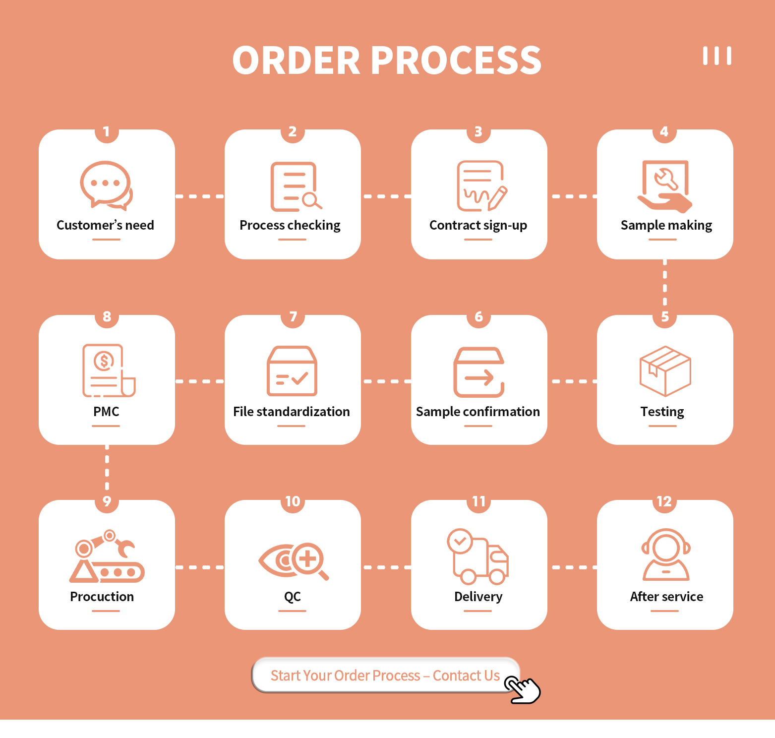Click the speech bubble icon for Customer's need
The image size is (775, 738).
(x=106, y=184)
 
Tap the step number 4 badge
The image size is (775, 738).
(x=664, y=131)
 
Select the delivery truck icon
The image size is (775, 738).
(x=478, y=556)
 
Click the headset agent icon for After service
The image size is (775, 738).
(x=666, y=554)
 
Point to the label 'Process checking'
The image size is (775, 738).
(x=290, y=225)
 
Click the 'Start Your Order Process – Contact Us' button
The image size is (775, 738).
(x=385, y=675)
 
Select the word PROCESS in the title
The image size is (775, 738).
(x=456, y=61)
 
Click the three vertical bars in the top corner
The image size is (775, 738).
(x=717, y=56)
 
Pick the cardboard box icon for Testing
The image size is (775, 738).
(x=665, y=371)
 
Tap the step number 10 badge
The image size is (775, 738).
(x=293, y=501)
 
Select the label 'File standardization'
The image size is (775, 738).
(x=292, y=412)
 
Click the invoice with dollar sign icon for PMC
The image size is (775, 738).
(x=109, y=370)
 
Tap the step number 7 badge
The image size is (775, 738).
(x=293, y=316)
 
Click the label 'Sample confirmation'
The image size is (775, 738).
(x=478, y=412)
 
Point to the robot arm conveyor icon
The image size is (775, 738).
(x=107, y=556)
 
